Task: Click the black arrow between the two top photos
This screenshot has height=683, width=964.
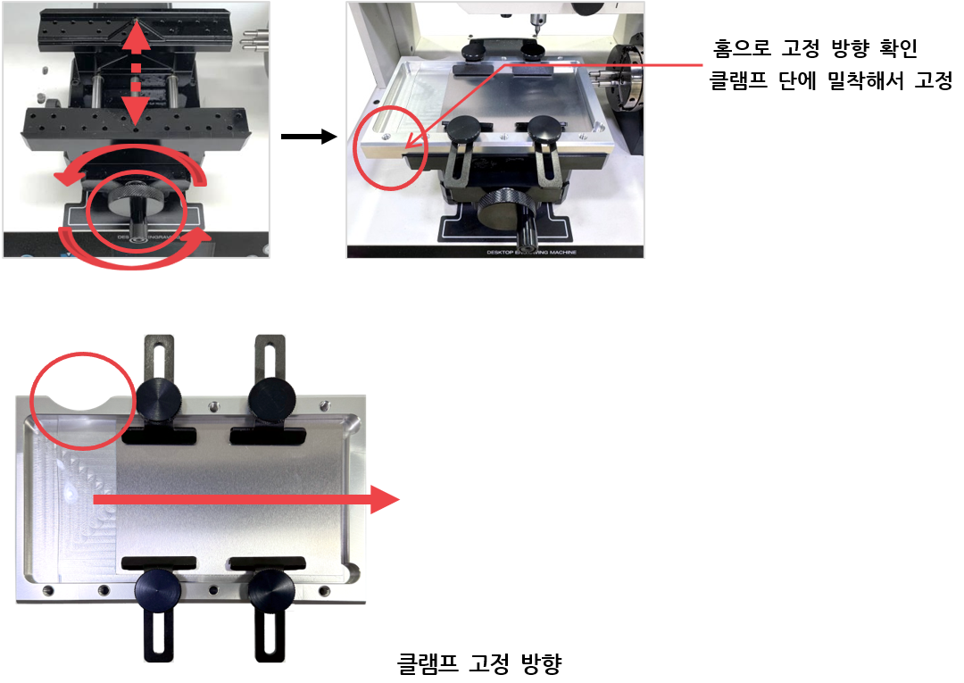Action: coord(309,137)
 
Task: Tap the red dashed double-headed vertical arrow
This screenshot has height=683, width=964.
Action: coord(137,74)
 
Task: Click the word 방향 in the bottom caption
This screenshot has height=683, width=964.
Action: coord(542,663)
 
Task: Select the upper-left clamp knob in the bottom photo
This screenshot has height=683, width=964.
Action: coord(158,400)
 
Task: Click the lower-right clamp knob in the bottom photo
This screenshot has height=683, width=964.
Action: coord(271,591)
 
